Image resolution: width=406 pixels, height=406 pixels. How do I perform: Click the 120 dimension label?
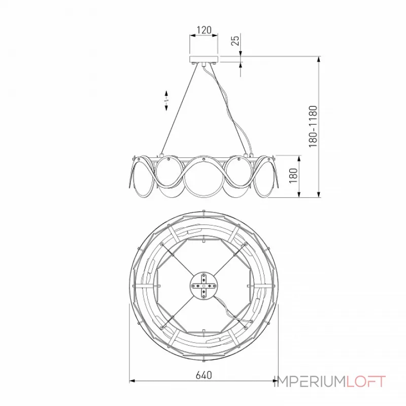204,30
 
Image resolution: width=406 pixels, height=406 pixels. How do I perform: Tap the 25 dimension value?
235,41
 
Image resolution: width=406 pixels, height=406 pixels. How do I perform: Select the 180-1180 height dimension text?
313,126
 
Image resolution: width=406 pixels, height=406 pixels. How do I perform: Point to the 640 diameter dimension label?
204,375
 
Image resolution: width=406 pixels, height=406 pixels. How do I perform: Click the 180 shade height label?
293,176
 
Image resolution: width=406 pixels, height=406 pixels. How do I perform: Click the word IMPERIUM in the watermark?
310,382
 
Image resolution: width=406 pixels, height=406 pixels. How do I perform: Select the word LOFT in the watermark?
366,382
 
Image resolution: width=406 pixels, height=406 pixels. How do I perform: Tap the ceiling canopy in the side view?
204,59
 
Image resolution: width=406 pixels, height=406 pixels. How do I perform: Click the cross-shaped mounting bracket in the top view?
204,286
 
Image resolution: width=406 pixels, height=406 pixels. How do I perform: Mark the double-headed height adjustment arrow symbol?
166,100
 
